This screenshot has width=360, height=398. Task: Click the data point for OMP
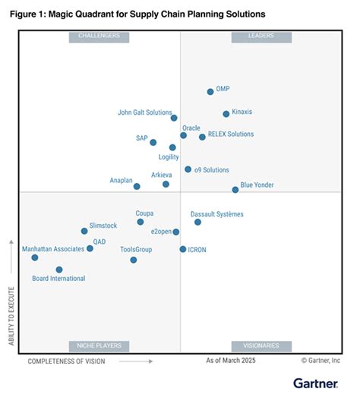click(210, 92)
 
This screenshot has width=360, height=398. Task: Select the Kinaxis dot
click(226, 114)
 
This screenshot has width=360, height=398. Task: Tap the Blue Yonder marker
click(235, 190)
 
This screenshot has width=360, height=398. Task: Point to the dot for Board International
click(59, 270)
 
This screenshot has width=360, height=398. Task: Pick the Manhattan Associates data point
click(35, 257)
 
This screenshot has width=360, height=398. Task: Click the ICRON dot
click(183, 249)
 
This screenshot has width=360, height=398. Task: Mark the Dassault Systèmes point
click(197, 222)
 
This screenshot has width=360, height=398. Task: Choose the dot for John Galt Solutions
click(174, 118)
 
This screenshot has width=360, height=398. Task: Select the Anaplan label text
click(122, 180)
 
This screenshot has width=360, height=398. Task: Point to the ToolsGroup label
click(136, 249)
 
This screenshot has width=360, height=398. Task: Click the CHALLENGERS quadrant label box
click(99, 36)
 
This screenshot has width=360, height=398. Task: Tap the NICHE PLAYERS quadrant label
click(99, 346)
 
